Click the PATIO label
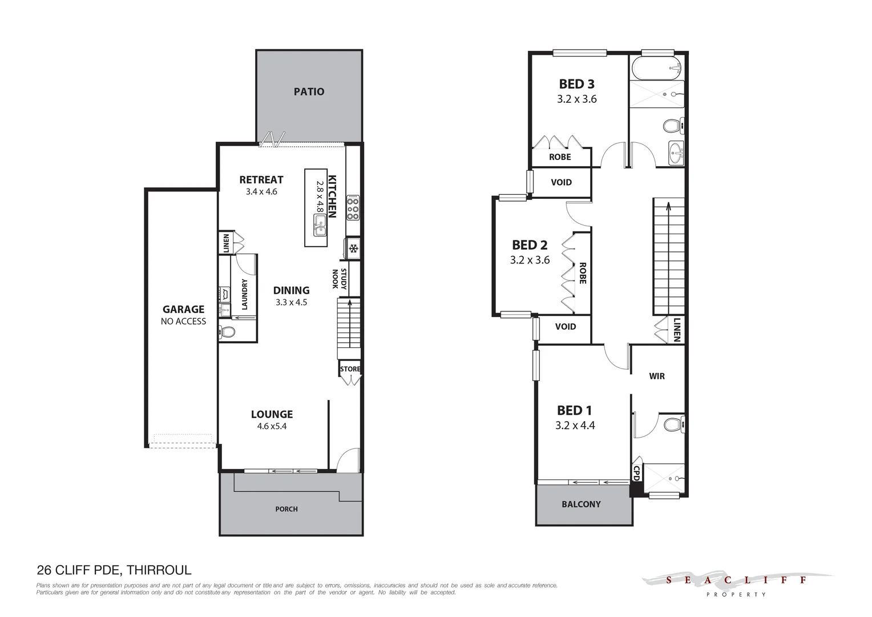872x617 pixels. tap(309, 91)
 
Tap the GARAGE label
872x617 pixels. tap(183, 309)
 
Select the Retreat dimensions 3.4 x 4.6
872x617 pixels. tap(261, 192)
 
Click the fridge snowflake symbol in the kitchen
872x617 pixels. tap(353, 249)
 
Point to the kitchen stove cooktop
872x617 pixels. tap(353, 209)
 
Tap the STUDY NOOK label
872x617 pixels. tap(340, 279)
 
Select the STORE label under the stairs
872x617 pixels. tap(350, 369)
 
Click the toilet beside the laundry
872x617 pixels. tap(228, 331)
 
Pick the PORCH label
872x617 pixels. tap(286, 509)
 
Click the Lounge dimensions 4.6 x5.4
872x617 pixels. tap(272, 426)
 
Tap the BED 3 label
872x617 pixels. tap(576, 84)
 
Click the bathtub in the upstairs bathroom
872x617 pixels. tap(656, 68)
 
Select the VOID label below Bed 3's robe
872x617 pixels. tap(561, 182)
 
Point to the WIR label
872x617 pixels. tap(657, 376)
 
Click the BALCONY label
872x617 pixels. tap(581, 504)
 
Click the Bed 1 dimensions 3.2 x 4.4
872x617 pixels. tap(575, 426)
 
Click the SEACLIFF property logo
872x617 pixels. tap(736, 583)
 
